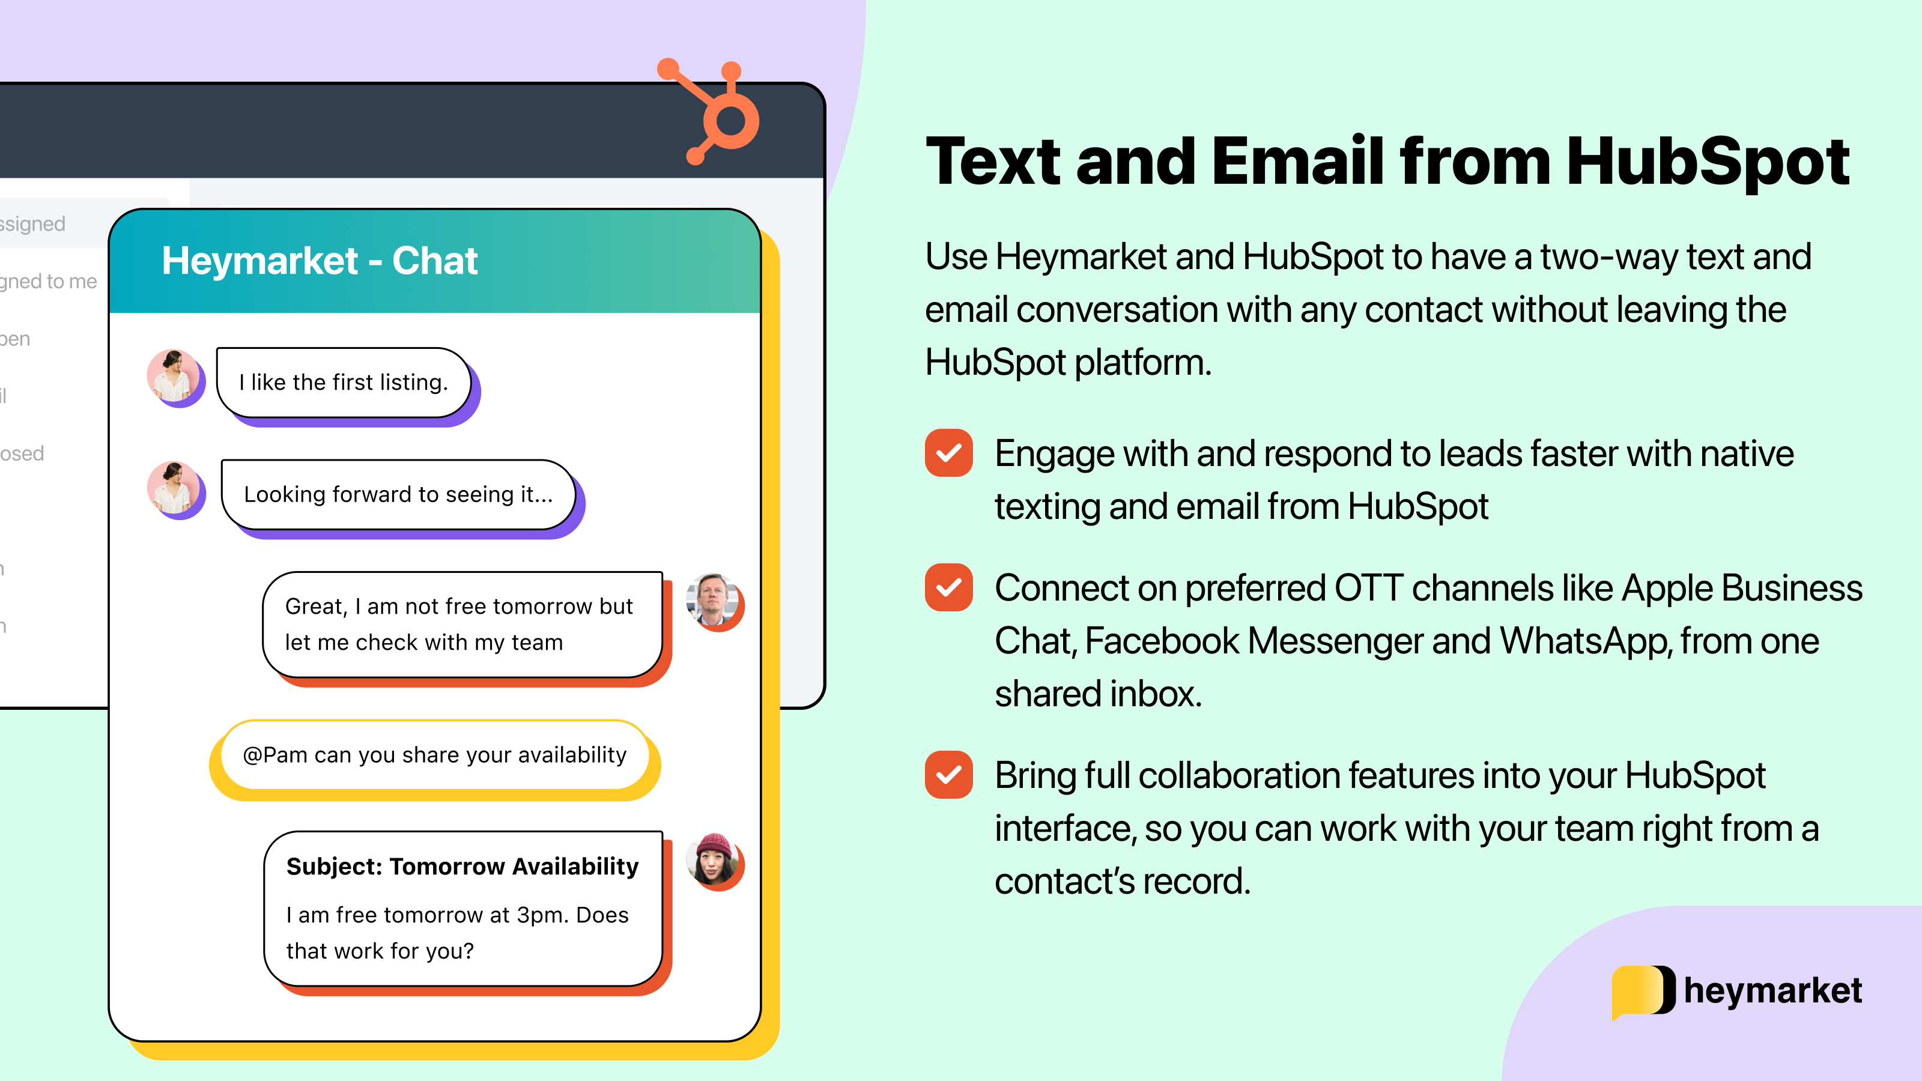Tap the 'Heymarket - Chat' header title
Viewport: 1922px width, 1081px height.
(x=320, y=261)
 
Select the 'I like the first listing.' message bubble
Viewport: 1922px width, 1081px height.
(x=343, y=382)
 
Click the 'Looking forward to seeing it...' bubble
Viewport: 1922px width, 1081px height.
(x=398, y=494)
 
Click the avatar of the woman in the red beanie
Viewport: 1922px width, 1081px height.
(x=712, y=860)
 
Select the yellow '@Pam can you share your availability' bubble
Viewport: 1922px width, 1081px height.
(x=434, y=755)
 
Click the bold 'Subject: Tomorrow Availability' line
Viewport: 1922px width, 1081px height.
(x=462, y=866)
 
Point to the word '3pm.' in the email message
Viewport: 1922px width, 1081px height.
(x=542, y=915)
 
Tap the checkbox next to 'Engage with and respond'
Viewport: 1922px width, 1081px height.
(x=948, y=453)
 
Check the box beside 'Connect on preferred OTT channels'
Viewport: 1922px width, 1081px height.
(x=948, y=588)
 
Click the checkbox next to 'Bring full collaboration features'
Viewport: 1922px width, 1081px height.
(x=948, y=775)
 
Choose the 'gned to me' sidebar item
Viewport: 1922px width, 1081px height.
(x=49, y=281)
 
